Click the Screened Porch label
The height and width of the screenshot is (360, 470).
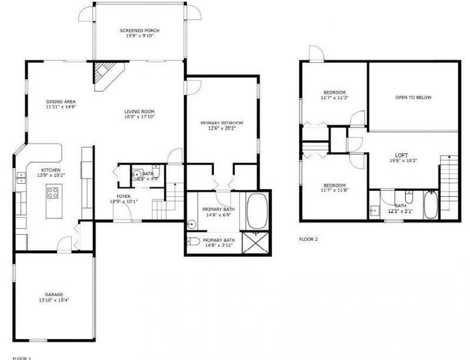pos(139,31)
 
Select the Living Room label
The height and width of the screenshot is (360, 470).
pos(139,112)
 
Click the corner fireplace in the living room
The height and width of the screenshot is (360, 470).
pos(106,75)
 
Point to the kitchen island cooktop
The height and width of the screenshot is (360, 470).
pos(52,193)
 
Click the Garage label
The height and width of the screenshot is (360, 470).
pos(54,294)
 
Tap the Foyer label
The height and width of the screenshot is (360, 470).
pos(123,196)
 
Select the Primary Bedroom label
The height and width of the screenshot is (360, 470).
pos(221,123)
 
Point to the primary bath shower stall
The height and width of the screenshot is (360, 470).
pos(257,242)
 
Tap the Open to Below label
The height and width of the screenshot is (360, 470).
pos(413,97)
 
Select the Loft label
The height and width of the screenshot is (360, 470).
pos(403,155)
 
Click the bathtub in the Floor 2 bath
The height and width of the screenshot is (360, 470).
pos(431,206)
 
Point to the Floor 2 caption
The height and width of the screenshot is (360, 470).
pos(309,239)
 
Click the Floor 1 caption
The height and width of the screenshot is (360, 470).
pos(22,357)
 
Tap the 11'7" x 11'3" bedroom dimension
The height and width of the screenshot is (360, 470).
pos(335,98)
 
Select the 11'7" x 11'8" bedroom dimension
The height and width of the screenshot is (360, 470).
pos(335,190)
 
